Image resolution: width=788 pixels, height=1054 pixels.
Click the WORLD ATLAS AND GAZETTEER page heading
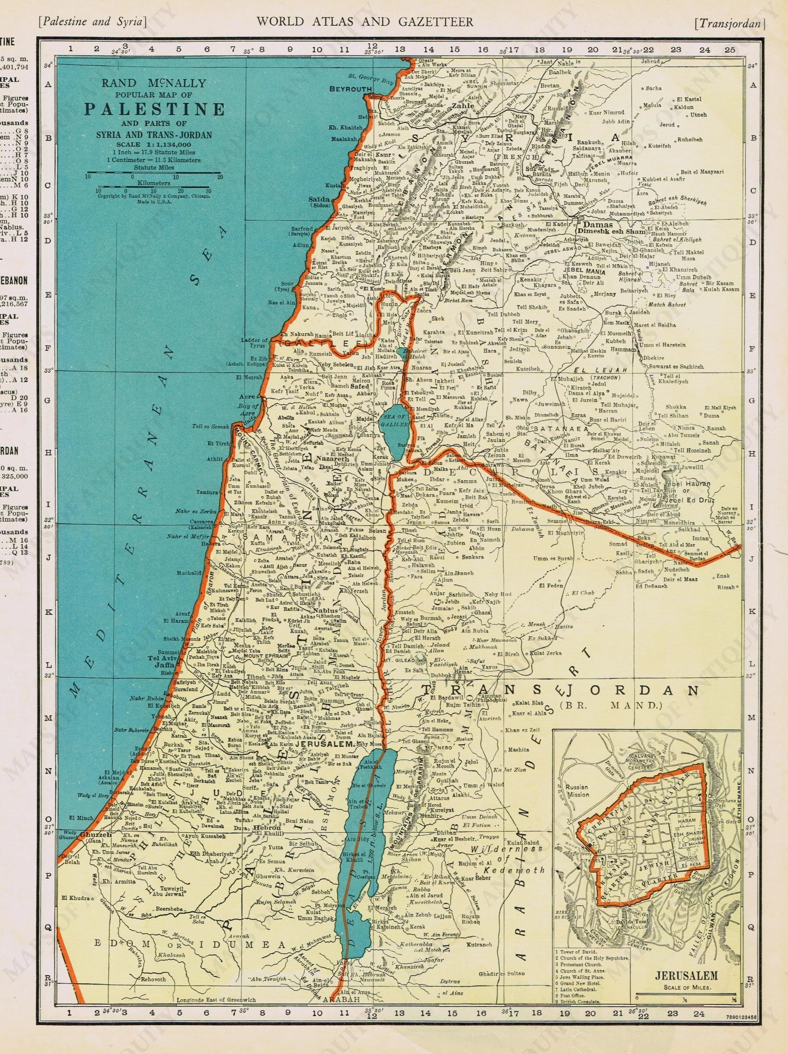tap(364, 21)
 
